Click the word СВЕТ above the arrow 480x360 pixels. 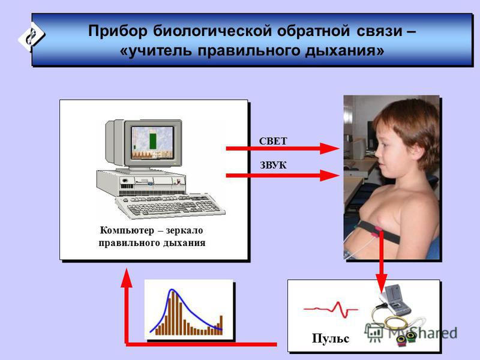pos(273,141)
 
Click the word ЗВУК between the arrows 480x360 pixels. pos(273,166)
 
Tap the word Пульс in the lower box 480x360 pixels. pos(331,338)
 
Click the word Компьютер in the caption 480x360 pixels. pos(127,230)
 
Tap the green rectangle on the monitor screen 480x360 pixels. pos(153,140)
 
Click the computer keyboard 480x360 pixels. pos(170,205)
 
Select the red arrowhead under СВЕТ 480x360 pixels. pos(329,148)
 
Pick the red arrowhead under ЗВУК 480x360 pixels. pos(329,175)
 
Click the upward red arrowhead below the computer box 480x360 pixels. pos(127,278)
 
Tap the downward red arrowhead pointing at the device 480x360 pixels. pos(381,283)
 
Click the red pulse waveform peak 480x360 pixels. pos(338,303)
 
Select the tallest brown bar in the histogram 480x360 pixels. pos(173,313)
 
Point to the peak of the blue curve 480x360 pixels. pos(172,289)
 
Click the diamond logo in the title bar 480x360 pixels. pos(31,36)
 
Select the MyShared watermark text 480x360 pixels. pos(423,333)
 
